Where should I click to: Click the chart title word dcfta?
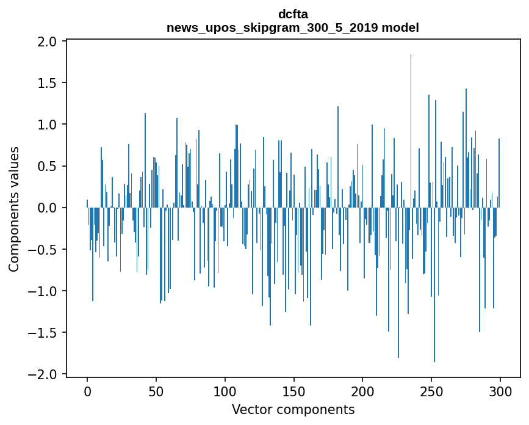(293, 14)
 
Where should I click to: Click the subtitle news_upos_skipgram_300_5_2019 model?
(293, 27)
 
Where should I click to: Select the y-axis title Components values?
(14, 209)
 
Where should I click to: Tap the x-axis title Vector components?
(293, 409)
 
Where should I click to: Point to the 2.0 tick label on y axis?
(48, 42)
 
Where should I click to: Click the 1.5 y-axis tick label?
(48, 83)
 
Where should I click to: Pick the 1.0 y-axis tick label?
(48, 125)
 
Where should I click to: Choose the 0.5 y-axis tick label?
(48, 166)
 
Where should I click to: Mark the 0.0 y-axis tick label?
(48, 208)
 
